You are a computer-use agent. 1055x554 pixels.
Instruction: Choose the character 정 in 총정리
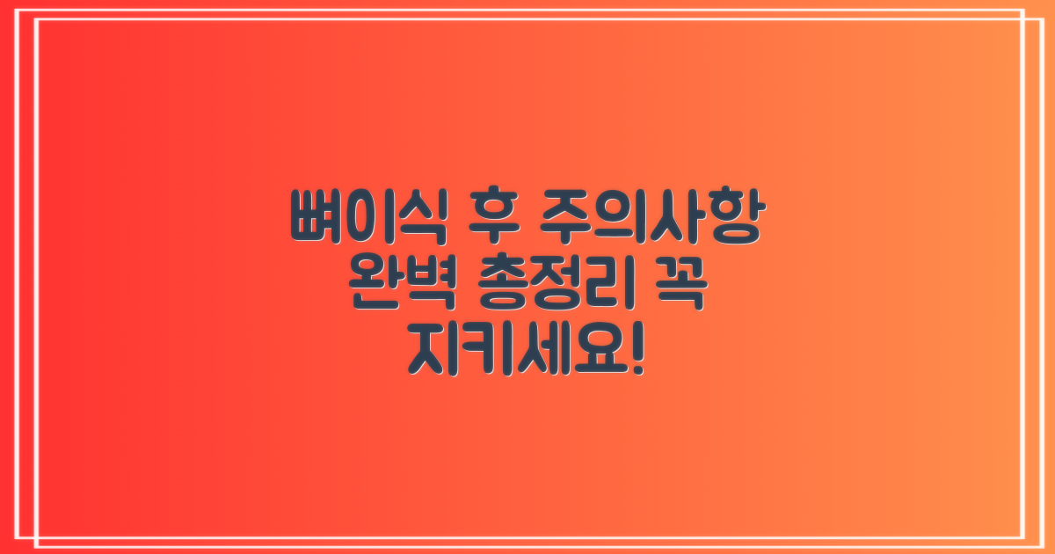click(x=555, y=288)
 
